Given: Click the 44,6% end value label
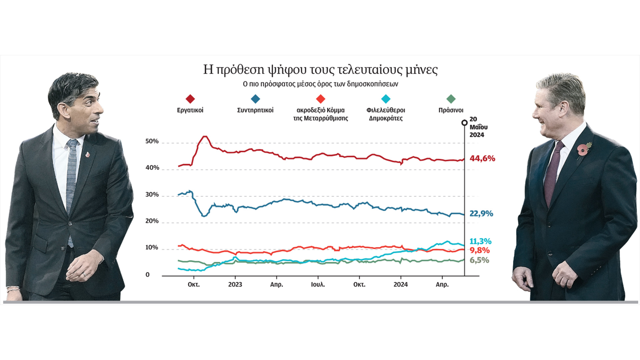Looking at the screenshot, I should [x=482, y=158].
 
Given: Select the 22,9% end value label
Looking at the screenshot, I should [x=481, y=213].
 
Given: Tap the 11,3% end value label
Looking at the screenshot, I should [x=480, y=241].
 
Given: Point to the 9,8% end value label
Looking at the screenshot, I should [x=479, y=250].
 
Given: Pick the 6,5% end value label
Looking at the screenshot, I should [x=479, y=260].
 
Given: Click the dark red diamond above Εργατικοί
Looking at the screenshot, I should [x=190, y=99].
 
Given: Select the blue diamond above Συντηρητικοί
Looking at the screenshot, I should [x=255, y=99].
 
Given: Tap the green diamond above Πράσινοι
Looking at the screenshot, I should [x=451, y=99].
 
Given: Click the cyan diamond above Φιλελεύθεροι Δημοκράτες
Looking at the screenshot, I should [x=386, y=99].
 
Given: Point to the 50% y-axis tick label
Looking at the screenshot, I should [x=152, y=141].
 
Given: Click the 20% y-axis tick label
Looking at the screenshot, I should [x=152, y=221].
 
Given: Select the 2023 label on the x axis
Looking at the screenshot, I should [x=235, y=285].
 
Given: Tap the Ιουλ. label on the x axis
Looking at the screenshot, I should [x=318, y=285].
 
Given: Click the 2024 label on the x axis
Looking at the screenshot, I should [x=400, y=285].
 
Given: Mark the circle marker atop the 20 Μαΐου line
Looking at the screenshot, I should [x=464, y=123].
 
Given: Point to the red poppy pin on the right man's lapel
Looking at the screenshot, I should [x=582, y=150].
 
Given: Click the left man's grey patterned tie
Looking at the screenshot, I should [x=71, y=180].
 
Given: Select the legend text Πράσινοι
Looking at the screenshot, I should [x=451, y=110].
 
